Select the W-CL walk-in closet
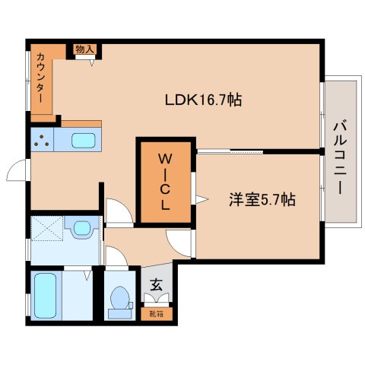165,182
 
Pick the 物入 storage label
84,49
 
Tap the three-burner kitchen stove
40,140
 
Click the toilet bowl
119,299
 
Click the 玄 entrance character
156,285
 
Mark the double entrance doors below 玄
158,299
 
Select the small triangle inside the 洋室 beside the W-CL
202,199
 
